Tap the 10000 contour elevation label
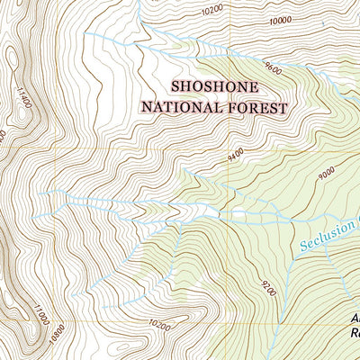[281, 19]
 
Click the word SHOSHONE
[215, 87]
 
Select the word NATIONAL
[181, 108]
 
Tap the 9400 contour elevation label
[236, 157]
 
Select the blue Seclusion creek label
[328, 236]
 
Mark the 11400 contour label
[24, 94]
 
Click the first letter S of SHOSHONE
[175, 87]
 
